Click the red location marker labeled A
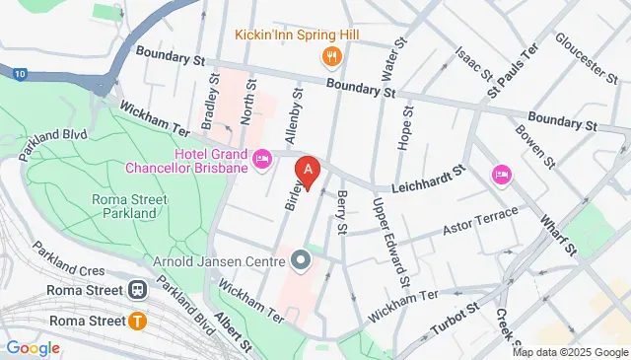point(309,172)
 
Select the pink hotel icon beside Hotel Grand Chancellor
point(262,159)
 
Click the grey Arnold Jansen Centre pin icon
point(302,261)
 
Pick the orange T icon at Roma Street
point(137,320)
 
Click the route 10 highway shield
point(21,72)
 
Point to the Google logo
point(32,347)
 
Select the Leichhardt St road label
point(427,177)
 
